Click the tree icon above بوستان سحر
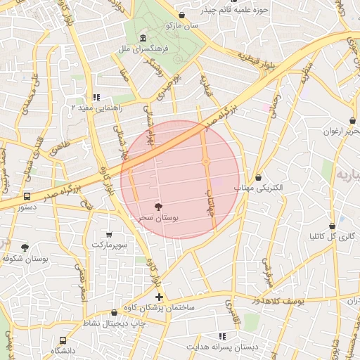tap(157, 207)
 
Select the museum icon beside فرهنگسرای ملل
tap(143, 37)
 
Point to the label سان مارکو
tap(183, 25)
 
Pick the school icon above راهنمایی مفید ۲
tap(96, 98)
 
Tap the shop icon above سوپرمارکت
tap(108, 234)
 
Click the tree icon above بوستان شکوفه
tap(25, 247)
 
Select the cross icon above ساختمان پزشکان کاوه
tap(160, 297)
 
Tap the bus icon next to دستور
tap(27, 197)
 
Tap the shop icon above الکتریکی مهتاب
tap(259, 178)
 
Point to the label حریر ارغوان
tap(342, 131)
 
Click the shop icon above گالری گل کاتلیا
tap(332, 226)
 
